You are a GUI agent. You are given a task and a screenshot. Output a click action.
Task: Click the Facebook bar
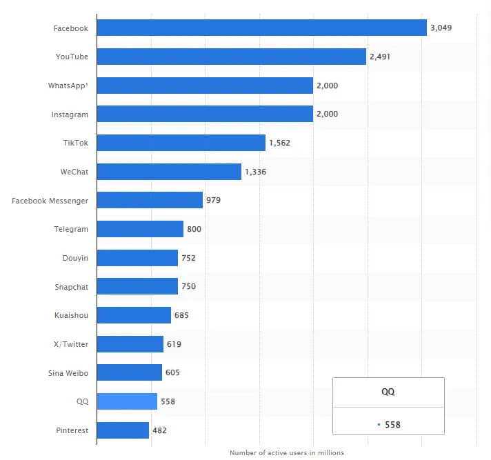pyautogui.click(x=261, y=28)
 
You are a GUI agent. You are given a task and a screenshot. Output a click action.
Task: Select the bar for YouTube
pyautogui.click(x=231, y=57)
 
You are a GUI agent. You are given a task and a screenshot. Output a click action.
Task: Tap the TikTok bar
pyautogui.click(x=181, y=143)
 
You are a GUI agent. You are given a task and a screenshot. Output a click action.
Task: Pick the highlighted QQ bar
pyautogui.click(x=127, y=401)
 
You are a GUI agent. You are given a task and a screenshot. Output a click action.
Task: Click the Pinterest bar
pyautogui.click(x=123, y=430)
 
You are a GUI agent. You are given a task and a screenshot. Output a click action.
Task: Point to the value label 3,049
pyautogui.click(x=441, y=28)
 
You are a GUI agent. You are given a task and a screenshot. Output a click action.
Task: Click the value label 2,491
pyautogui.click(x=380, y=57)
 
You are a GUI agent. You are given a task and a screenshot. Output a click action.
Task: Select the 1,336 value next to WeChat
pyautogui.click(x=255, y=172)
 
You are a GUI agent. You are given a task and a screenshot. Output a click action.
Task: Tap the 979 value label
pyautogui.click(x=213, y=200)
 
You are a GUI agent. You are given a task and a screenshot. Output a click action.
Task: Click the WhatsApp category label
pyautogui.click(x=68, y=86)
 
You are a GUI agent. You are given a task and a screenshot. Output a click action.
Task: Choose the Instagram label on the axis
pyautogui.click(x=70, y=114)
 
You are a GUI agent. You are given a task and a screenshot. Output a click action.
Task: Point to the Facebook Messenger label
pyautogui.click(x=50, y=200)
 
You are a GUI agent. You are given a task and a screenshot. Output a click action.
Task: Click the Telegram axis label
pyautogui.click(x=71, y=229)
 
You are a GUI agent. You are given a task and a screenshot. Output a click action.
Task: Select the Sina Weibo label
pyautogui.click(x=68, y=372)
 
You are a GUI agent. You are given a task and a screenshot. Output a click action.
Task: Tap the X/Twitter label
pyautogui.click(x=71, y=343)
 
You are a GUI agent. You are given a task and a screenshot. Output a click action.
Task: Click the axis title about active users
pyautogui.click(x=286, y=452)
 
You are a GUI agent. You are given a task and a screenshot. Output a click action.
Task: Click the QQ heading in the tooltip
pyautogui.click(x=388, y=391)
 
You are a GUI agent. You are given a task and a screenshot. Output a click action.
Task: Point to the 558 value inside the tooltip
pyautogui.click(x=392, y=424)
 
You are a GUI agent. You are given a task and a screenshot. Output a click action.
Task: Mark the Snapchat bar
pyautogui.click(x=137, y=286)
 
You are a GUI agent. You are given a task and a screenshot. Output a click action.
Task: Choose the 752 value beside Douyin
pyautogui.click(x=188, y=258)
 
